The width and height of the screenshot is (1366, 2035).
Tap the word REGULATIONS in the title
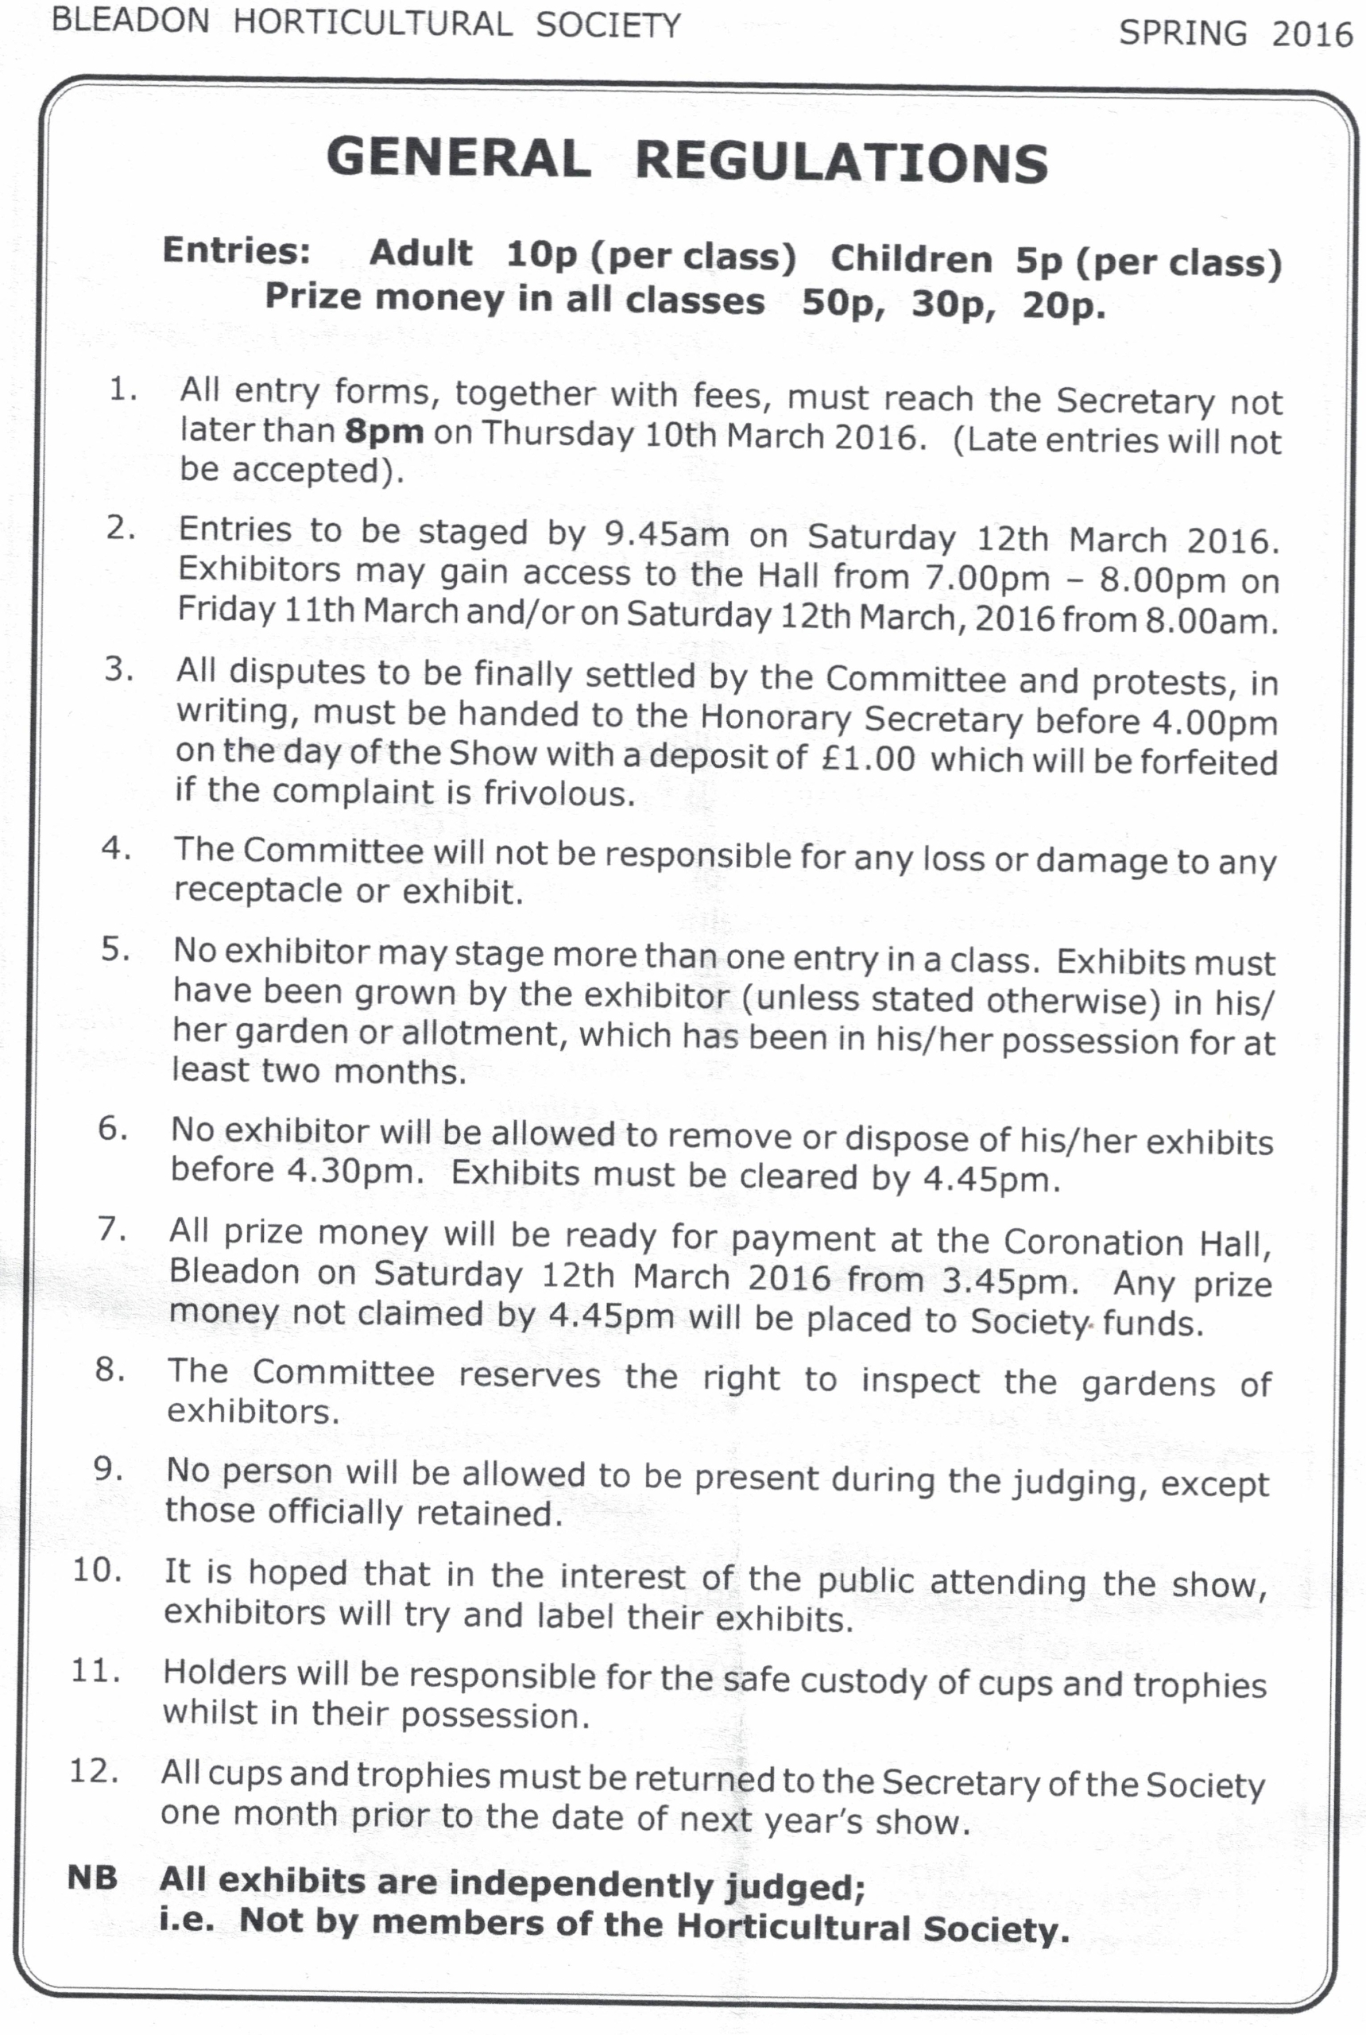[841, 163]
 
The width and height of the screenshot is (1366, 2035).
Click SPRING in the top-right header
[1182, 33]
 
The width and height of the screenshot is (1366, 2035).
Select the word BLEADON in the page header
[130, 20]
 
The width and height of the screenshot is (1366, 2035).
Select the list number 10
[97, 1571]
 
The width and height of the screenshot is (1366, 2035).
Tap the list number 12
[94, 1772]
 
